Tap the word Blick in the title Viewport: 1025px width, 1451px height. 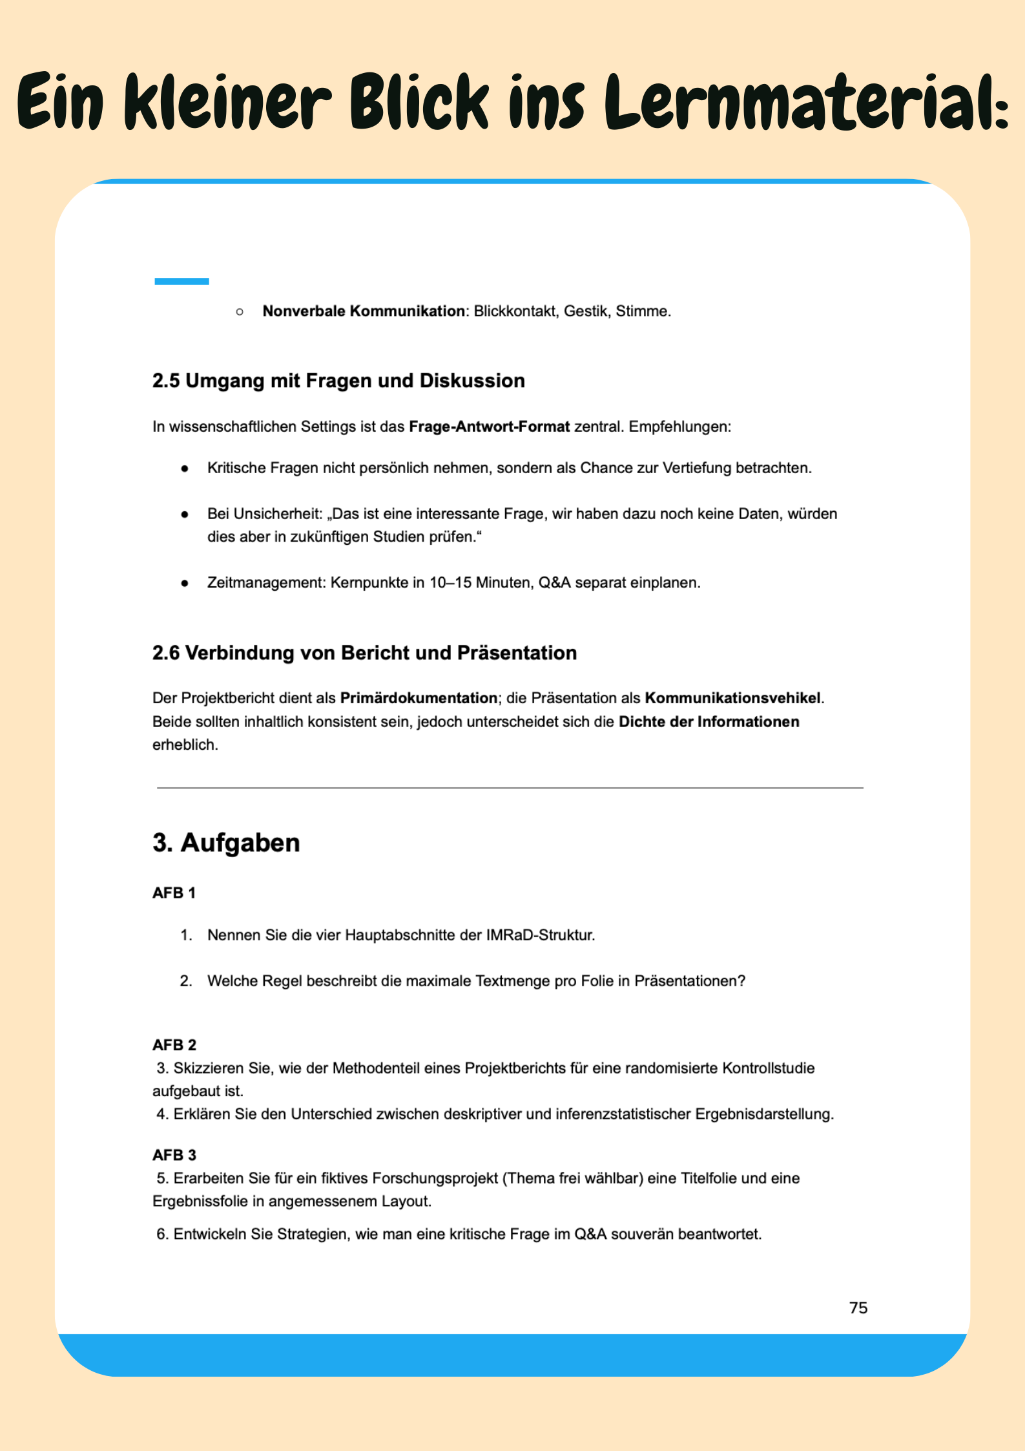pos(419,102)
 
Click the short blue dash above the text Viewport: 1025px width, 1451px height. pos(181,281)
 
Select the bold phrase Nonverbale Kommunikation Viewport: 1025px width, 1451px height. pos(363,312)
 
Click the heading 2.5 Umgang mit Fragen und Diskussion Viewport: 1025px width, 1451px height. pos(338,381)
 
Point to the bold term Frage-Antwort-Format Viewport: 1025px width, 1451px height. pos(489,427)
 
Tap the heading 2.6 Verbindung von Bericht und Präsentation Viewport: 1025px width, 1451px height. pos(364,653)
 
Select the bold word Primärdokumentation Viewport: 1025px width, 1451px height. pos(419,699)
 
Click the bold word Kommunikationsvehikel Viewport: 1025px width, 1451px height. pos(732,699)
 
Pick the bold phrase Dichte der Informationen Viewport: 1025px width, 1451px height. pos(709,722)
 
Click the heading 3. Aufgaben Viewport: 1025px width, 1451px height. pos(226,843)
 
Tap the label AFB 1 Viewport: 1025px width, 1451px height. pos(174,893)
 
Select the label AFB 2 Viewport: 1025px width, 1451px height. pos(174,1045)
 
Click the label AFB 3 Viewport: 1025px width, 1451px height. pos(174,1155)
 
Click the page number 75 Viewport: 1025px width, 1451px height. pos(858,1308)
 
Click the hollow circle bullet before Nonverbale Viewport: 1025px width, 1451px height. pos(240,312)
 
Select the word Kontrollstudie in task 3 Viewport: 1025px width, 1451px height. pos(768,1068)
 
